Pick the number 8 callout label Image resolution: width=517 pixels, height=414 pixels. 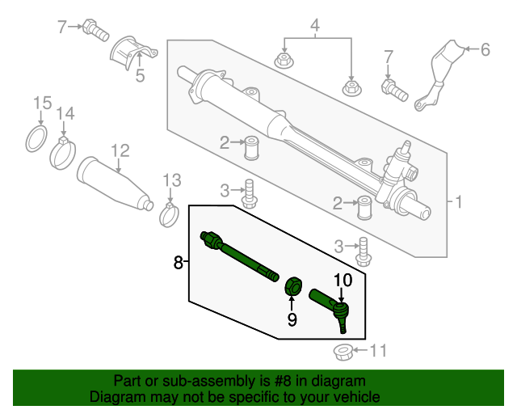pyautogui.click(x=179, y=261)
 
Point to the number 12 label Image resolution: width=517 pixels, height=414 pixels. pyautogui.click(x=120, y=150)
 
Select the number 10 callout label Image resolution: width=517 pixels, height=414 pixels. pyautogui.click(x=343, y=281)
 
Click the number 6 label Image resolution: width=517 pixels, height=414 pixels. pyautogui.click(x=485, y=50)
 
